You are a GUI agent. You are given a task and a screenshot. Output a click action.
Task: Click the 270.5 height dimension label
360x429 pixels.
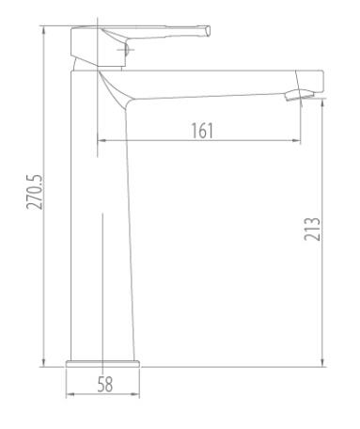click(x=34, y=192)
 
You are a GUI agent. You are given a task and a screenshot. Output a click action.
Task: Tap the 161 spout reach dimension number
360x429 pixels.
click(x=202, y=131)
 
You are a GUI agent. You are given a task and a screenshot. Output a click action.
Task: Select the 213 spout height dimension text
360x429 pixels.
click(x=312, y=229)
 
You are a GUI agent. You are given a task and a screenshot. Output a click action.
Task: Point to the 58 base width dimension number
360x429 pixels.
click(x=105, y=384)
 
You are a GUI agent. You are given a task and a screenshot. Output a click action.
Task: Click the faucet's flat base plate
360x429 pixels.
click(x=102, y=364)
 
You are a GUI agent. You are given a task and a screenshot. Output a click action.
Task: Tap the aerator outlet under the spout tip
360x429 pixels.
click(x=299, y=95)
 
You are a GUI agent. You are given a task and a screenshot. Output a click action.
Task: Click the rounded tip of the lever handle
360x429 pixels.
click(x=208, y=31)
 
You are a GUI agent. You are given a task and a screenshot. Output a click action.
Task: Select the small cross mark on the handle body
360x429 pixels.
click(x=126, y=50)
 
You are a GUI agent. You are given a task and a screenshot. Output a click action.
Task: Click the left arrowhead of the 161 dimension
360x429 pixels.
click(x=101, y=140)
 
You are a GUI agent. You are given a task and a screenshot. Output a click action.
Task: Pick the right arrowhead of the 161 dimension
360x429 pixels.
click(x=297, y=140)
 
